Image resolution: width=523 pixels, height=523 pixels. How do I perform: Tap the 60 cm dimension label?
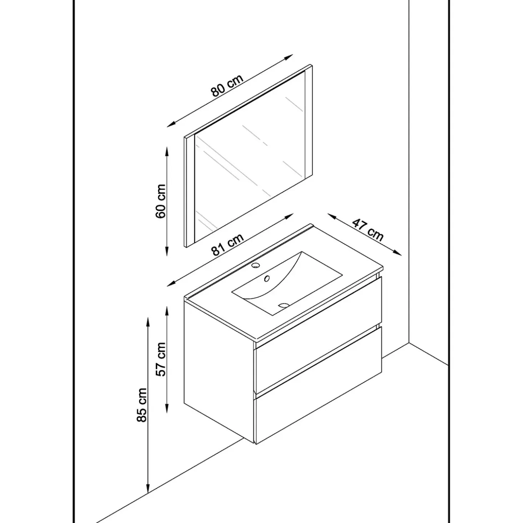point(160,201)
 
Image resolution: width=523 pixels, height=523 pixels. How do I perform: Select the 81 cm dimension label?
point(227,245)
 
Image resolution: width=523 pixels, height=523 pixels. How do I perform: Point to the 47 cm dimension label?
point(368,231)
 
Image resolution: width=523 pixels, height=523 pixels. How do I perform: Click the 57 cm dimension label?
point(160,359)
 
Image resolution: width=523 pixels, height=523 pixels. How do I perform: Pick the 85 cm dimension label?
point(142,405)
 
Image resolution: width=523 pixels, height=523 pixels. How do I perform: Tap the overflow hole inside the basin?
point(267,278)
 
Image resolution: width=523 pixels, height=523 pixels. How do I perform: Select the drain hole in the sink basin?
point(284,305)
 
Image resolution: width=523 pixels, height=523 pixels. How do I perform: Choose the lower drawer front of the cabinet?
point(318,385)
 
